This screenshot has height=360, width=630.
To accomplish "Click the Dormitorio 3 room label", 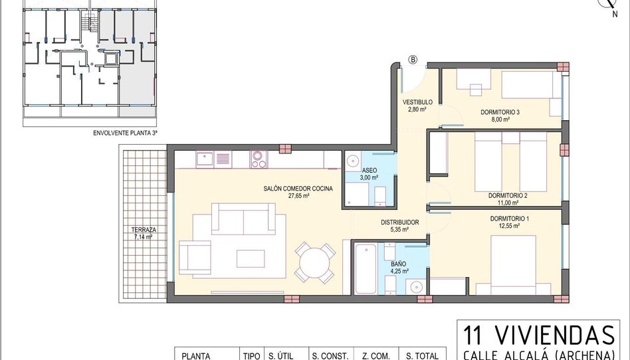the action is point(500,112).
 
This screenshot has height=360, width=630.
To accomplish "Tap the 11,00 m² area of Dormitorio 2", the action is point(508,203).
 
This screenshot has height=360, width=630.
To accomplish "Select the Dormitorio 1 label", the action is point(510,219).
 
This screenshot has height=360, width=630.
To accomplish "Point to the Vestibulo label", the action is point(417,102).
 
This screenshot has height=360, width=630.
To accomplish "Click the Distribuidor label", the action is point(400,223).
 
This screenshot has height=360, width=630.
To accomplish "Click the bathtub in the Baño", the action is point(366,269).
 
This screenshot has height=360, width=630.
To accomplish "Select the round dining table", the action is point(314,263).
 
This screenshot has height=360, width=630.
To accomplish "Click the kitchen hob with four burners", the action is point(259,159).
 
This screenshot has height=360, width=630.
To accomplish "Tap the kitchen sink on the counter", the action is point(205,159).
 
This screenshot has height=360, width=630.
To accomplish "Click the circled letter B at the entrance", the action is point(413,60).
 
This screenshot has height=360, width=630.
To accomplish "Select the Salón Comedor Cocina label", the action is point(298,189).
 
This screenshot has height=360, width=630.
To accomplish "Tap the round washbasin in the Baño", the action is point(416,287).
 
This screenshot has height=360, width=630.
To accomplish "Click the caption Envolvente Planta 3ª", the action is point(125,133).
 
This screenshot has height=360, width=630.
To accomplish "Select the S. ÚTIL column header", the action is point(281,356).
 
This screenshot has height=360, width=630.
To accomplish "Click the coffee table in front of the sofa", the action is point(251,258).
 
